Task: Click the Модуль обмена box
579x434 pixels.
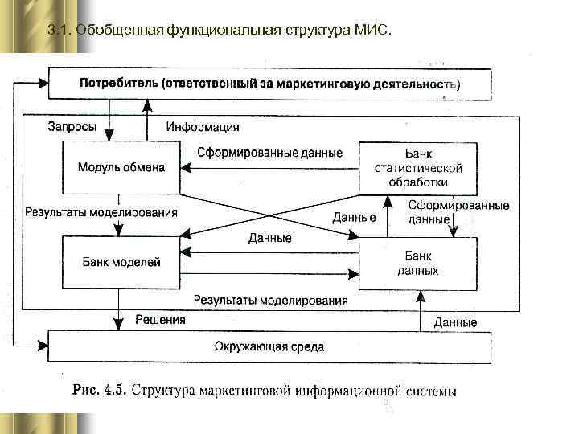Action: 121,167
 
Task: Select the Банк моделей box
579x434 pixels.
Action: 121,262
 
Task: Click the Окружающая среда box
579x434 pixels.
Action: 269,346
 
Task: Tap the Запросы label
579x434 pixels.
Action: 72,127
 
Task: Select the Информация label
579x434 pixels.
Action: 202,127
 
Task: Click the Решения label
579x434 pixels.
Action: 160,319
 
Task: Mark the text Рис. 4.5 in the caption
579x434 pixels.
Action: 98,391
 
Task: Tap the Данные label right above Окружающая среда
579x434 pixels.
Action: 455,322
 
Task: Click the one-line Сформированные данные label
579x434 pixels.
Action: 269,153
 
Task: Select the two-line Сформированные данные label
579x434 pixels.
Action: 458,212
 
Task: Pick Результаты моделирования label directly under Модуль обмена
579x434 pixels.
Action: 101,213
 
